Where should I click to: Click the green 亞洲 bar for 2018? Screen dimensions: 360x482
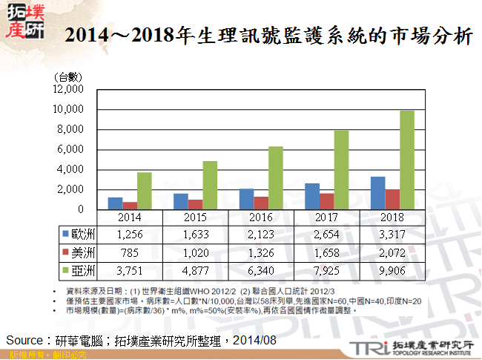(x=407, y=160)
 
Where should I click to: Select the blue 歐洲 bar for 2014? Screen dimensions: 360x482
(x=115, y=203)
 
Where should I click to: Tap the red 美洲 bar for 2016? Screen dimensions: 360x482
(x=261, y=203)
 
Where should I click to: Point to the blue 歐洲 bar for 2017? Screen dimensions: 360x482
(x=312, y=197)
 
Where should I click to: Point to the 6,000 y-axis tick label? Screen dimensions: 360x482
(x=71, y=150)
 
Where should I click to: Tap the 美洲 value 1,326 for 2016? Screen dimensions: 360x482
(x=261, y=252)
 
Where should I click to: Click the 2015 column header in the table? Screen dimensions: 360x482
(x=196, y=217)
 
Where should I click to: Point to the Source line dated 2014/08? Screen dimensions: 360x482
(x=141, y=339)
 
